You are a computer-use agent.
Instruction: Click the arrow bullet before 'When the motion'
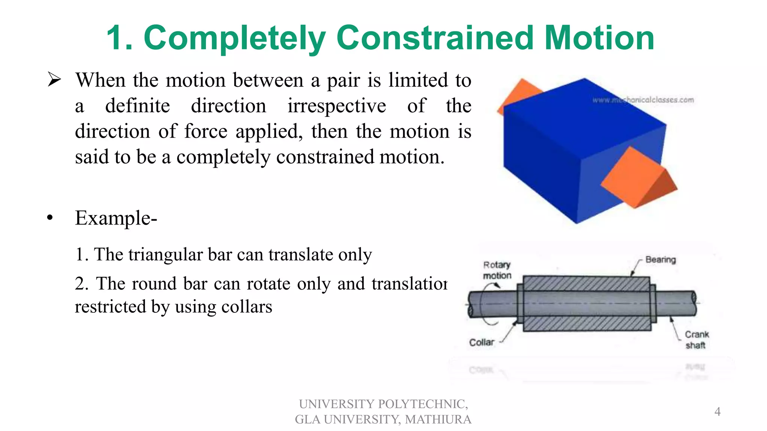(x=54, y=80)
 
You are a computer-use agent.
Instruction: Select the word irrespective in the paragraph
(x=336, y=106)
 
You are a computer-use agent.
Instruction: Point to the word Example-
(x=116, y=218)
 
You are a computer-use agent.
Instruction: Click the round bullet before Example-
(x=50, y=218)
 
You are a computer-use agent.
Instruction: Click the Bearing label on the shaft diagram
(x=660, y=260)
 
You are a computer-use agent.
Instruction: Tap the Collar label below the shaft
(x=481, y=342)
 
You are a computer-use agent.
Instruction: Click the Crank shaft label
(x=697, y=340)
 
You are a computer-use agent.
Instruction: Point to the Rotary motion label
(x=497, y=270)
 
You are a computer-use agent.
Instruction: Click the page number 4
(x=717, y=412)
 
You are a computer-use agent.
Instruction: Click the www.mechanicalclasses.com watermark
(x=643, y=100)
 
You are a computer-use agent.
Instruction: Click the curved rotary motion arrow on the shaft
(x=487, y=303)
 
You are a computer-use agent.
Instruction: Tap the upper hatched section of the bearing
(x=586, y=283)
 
